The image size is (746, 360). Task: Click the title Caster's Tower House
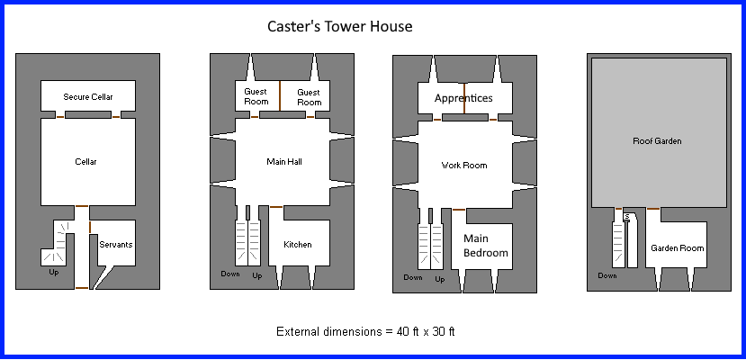(339, 27)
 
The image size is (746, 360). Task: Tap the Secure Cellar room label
(88, 96)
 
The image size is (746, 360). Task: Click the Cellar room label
(85, 162)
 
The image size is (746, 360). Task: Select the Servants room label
(115, 244)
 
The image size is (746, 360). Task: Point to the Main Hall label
(283, 162)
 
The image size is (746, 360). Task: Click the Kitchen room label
(298, 245)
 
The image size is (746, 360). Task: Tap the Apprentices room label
(463, 97)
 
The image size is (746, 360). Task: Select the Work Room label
(463, 166)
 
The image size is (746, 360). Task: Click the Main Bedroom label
(486, 246)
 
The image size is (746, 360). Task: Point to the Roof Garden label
(657, 141)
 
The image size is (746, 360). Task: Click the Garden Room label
(677, 247)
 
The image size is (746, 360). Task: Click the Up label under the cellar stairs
(54, 272)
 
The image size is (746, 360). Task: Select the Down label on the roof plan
(607, 275)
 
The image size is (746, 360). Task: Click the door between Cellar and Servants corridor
(82, 207)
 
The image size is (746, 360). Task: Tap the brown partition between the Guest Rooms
(280, 96)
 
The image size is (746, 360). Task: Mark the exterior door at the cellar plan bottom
(82, 288)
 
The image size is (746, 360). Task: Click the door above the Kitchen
(276, 207)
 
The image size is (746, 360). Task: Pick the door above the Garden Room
(653, 209)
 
